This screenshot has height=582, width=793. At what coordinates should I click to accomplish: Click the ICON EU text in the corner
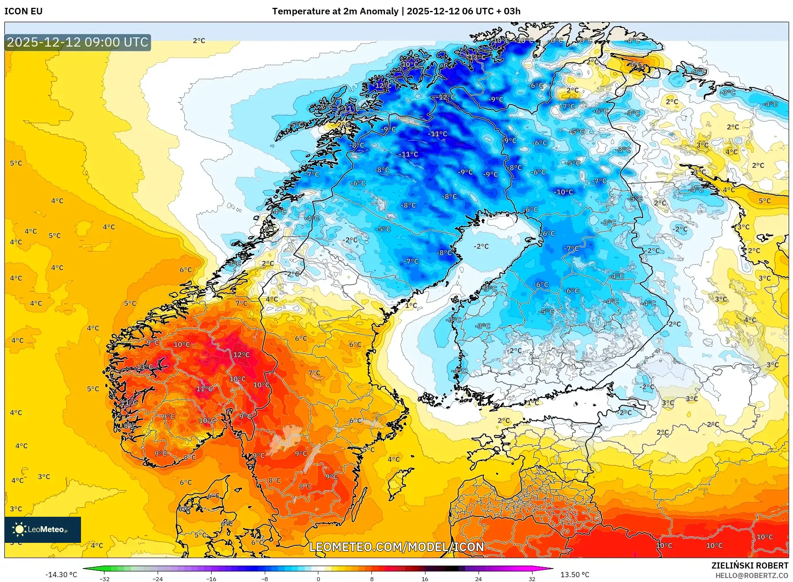24,11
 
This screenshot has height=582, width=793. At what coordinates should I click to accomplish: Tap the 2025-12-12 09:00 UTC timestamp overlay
78,42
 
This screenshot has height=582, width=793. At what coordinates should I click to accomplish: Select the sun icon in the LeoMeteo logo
19,529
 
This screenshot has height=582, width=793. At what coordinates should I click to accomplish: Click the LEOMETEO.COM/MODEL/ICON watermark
396,547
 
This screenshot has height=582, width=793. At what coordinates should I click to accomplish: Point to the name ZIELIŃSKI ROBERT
749,565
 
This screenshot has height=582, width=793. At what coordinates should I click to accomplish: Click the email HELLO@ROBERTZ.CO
752,575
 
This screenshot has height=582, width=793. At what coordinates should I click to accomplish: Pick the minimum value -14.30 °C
61,575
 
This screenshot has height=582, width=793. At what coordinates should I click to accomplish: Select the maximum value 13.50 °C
574,575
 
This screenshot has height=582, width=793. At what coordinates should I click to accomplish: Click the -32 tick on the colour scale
105,579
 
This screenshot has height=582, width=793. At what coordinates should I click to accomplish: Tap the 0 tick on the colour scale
318,579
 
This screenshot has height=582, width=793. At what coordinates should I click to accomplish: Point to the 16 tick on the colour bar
425,579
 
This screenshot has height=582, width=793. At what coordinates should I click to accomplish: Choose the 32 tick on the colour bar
532,579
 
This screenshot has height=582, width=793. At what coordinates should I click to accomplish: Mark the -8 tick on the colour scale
265,579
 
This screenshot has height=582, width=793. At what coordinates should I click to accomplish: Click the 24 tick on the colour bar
478,579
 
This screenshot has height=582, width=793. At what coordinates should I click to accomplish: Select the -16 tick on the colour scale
211,579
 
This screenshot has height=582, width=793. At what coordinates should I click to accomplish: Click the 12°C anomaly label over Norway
241,355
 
